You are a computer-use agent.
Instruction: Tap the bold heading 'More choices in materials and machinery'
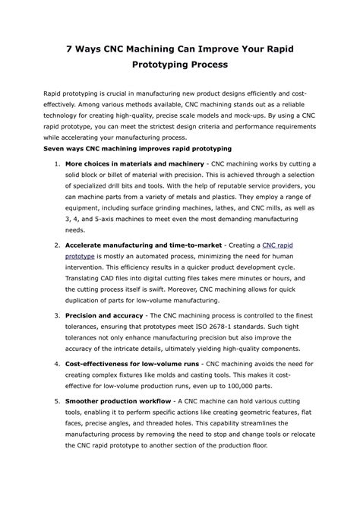click(134, 163)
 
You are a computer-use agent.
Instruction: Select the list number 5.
click(58, 400)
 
